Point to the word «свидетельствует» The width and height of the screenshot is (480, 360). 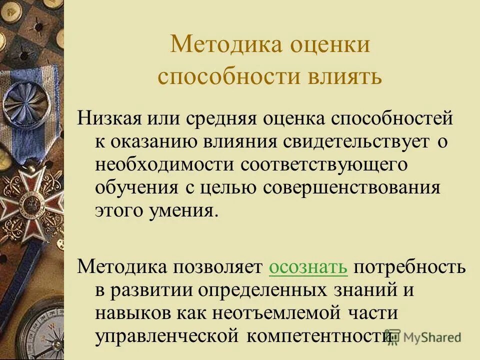356,141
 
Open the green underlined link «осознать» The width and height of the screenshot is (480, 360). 308,267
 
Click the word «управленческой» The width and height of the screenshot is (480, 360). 166,336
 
